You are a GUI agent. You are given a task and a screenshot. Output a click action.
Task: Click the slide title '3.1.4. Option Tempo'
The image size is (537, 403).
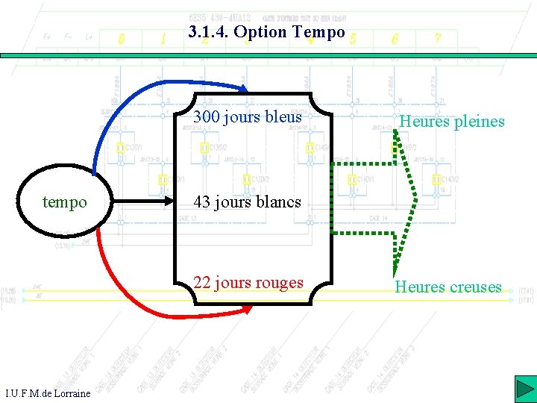(267, 32)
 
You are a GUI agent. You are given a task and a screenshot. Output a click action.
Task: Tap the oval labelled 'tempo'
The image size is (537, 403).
(64, 202)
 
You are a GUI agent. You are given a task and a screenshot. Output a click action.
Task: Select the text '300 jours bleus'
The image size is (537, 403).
(248, 116)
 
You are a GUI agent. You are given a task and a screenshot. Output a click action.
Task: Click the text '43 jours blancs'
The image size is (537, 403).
(247, 201)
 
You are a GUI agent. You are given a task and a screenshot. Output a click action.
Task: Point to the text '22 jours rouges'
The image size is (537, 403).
(248, 283)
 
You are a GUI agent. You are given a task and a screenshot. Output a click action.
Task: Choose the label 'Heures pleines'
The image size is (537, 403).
(451, 121)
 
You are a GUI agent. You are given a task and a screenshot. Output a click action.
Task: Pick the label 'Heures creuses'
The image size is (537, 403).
(448, 287)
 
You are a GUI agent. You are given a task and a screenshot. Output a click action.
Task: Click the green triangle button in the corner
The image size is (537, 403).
(524, 390)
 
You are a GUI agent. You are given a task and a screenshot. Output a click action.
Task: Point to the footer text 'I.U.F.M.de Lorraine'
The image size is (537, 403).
(48, 393)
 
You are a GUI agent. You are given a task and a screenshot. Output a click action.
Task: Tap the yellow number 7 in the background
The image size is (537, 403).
(438, 37)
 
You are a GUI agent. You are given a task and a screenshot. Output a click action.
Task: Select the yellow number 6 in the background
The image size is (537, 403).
(395, 37)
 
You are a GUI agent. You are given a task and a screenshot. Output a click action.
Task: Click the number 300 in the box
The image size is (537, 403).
(207, 116)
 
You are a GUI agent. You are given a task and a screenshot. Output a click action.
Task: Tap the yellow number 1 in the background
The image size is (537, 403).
(163, 38)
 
